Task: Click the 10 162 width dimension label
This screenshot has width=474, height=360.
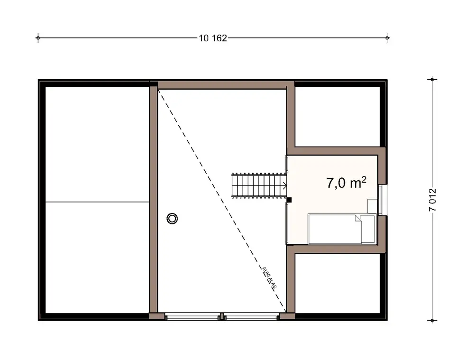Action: coord(213,38)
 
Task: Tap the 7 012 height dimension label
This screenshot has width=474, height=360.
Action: coord(432,200)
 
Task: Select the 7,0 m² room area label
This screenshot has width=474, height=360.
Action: coord(346,183)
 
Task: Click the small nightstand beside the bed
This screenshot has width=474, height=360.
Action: coord(373,205)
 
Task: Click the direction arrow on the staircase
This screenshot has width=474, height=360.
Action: coord(284,187)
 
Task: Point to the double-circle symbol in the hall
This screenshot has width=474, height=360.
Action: coord(173,218)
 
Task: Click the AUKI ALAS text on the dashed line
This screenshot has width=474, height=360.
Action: coord(269,277)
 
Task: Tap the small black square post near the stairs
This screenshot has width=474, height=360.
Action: coord(289,200)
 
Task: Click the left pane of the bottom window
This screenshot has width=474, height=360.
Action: coord(192,316)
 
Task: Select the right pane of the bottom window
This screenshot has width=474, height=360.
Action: coord(252,316)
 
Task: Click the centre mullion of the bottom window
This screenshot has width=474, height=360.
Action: coord(221,316)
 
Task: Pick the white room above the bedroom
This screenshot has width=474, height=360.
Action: coord(337,117)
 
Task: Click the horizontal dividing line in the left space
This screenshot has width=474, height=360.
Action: coord(97,202)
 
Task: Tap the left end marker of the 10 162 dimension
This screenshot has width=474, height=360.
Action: coord(38,38)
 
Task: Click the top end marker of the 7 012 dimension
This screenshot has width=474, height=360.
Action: coord(432,79)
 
